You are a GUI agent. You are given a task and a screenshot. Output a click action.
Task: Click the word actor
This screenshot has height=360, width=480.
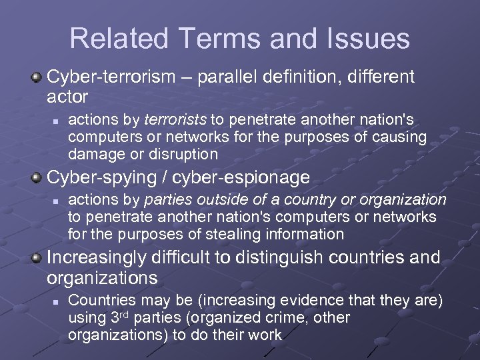67,97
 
